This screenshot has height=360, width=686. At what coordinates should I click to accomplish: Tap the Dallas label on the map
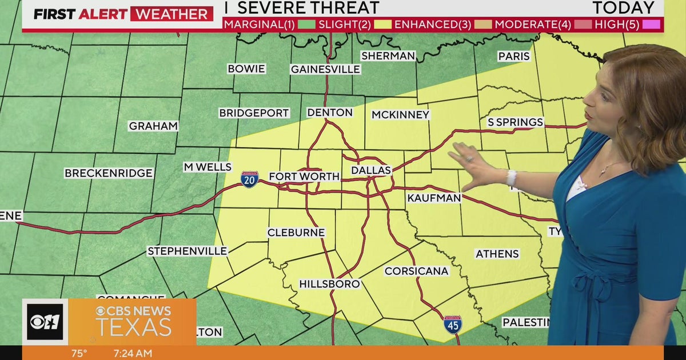click(x=371, y=170)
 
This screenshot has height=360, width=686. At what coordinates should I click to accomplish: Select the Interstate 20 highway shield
click(x=249, y=179)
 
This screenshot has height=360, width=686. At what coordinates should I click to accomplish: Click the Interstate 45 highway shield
click(x=453, y=324)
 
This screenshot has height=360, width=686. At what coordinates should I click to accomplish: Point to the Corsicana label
click(x=416, y=271)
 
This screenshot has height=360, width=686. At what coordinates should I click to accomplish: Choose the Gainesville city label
click(x=325, y=69)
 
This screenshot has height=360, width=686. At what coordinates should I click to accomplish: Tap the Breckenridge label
click(x=109, y=173)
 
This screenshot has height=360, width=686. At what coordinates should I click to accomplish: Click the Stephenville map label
click(x=188, y=251)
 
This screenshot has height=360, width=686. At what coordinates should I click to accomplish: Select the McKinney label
click(x=400, y=115)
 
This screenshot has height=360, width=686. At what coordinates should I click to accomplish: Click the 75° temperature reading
click(x=79, y=353)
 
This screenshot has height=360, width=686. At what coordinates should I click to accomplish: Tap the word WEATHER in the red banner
click(x=171, y=14)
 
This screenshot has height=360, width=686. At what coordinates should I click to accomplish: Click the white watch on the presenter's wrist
click(x=511, y=178)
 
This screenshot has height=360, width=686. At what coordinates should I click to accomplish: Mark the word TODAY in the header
click(x=623, y=8)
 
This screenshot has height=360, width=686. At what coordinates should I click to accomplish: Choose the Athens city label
click(x=497, y=254)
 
